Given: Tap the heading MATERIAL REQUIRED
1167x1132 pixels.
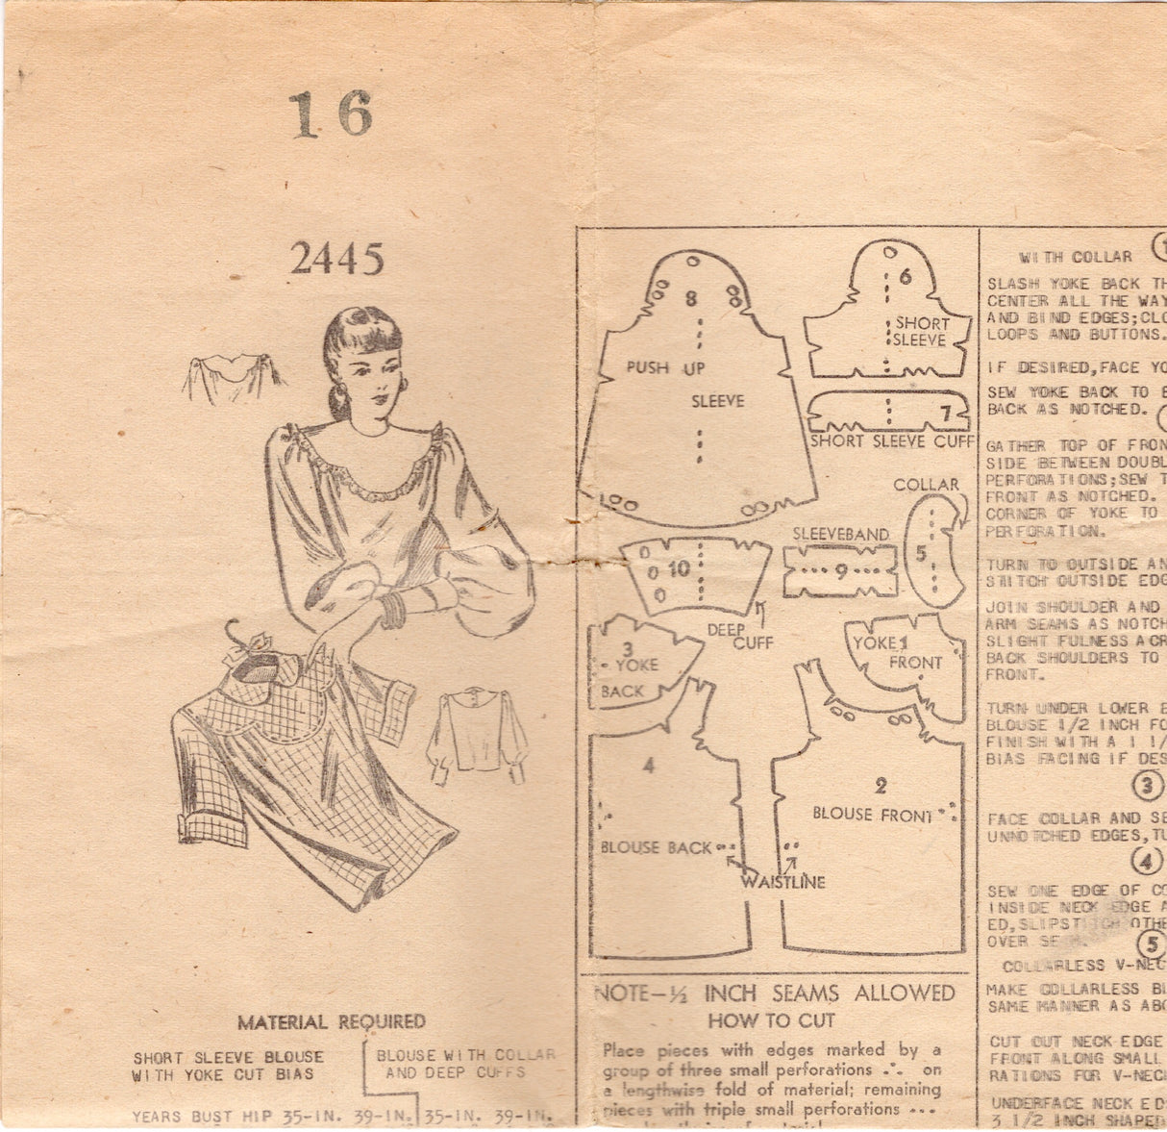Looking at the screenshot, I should coord(333,1021).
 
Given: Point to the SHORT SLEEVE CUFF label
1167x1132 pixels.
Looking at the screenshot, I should coord(881,442).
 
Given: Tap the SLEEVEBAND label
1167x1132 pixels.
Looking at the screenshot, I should coord(833,531).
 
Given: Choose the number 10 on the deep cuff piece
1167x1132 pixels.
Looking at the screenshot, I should coord(679,568).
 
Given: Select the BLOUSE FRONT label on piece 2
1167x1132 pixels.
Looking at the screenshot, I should coord(870,814).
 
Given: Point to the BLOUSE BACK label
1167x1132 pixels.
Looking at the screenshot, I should coord(657,847).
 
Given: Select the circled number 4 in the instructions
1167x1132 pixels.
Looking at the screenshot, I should coord(1146,861).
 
